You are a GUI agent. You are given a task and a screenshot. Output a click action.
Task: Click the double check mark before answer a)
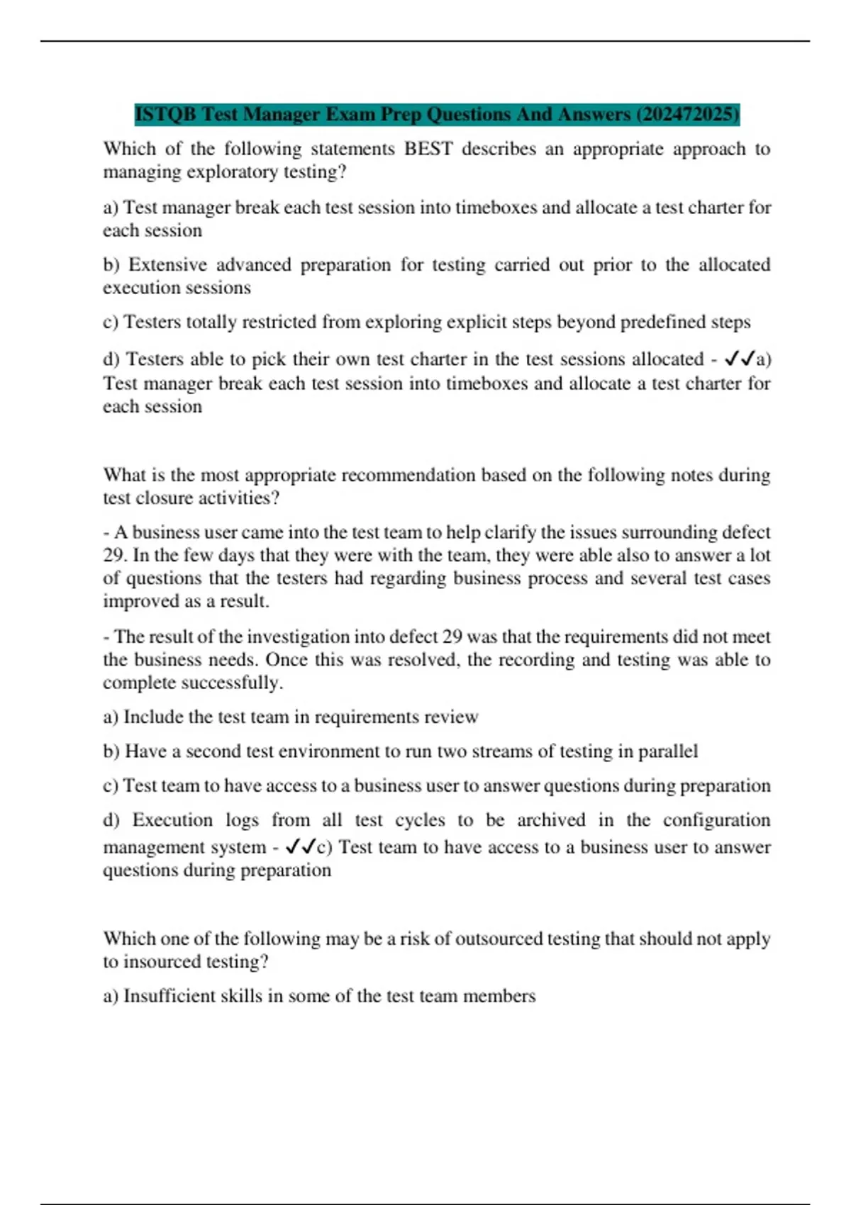pos(739,359)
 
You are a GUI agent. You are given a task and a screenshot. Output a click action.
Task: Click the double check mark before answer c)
pos(300,847)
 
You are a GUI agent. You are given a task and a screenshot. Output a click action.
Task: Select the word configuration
pos(716,820)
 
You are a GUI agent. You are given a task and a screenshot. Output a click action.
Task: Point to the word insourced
pos(162,962)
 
